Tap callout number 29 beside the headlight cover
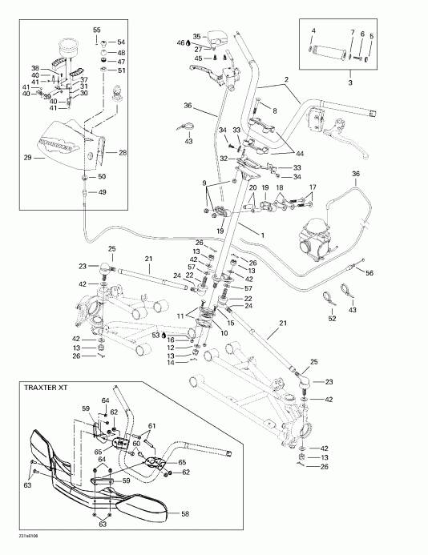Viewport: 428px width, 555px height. click(29, 159)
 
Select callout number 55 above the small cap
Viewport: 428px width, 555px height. click(97, 30)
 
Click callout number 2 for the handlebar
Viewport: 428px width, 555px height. click(285, 79)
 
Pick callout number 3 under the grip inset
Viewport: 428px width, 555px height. click(350, 82)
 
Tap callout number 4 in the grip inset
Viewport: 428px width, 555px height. click(313, 30)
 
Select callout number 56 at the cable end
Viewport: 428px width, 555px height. click(369, 272)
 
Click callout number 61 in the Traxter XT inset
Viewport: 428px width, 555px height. click(151, 425)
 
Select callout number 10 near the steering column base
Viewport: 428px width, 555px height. click(224, 332)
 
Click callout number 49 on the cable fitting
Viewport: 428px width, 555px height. click(102, 192)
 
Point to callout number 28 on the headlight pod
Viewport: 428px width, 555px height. click(123, 151)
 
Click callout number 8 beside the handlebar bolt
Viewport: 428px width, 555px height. click(274, 111)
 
